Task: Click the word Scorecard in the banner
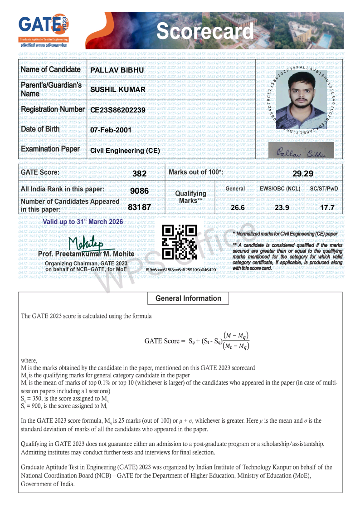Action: point(205,31)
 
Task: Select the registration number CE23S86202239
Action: point(118,110)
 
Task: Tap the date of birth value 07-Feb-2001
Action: point(111,130)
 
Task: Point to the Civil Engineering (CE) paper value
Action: point(125,151)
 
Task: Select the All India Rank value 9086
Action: point(139,191)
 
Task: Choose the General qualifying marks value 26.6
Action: point(238,208)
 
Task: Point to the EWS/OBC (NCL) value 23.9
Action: point(282,208)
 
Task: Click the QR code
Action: point(180,242)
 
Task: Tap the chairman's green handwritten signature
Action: point(86,244)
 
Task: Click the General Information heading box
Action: point(188,298)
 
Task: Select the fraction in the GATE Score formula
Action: point(236,341)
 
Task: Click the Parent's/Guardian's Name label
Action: point(51,89)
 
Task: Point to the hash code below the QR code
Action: point(180,269)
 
